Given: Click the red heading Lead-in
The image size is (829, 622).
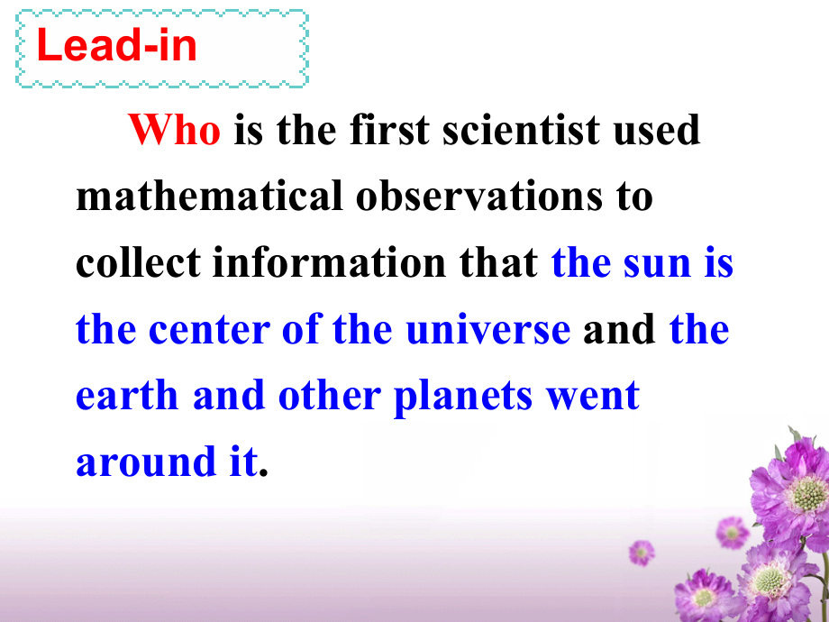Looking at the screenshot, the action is pos(117,45).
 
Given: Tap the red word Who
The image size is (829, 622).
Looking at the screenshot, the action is pos(174,130).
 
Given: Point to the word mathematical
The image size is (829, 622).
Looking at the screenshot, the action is pos(209,196).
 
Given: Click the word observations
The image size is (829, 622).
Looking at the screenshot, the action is pos(479,196).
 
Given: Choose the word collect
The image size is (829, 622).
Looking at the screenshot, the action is pos(138,261).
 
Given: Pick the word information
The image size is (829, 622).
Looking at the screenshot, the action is pos(330,261).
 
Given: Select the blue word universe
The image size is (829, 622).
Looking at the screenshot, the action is pos(488,329).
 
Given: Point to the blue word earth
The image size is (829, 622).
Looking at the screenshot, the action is pos(127,395).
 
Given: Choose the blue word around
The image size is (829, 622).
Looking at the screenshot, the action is pos(146,462).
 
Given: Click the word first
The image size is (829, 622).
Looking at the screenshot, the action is pos(389,130).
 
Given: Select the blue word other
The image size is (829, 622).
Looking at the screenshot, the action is pos(330,395).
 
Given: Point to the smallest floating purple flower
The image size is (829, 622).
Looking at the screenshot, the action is pos(642,553).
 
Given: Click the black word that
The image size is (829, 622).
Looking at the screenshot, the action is pos(498,261).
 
